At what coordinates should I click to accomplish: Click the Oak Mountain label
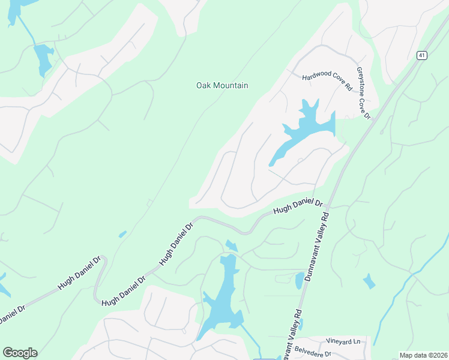pyautogui.click(x=222, y=86)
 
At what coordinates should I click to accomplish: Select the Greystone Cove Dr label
pyautogui.click(x=364, y=93)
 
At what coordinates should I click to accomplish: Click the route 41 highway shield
pyautogui.click(x=422, y=55)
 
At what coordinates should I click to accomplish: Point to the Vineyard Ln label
pyautogui.click(x=343, y=341)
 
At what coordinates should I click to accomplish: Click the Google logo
pyautogui.click(x=20, y=353)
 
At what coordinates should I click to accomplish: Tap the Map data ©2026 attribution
pyautogui.click(x=423, y=355)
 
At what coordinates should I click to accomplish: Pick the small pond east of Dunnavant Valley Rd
pyautogui.click(x=369, y=281)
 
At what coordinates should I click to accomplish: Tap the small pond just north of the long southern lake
pyautogui.click(x=231, y=245)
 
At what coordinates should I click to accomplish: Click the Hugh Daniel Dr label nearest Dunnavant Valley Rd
pyautogui.click(x=298, y=208)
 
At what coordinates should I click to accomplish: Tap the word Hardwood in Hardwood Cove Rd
pyautogui.click(x=316, y=77)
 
